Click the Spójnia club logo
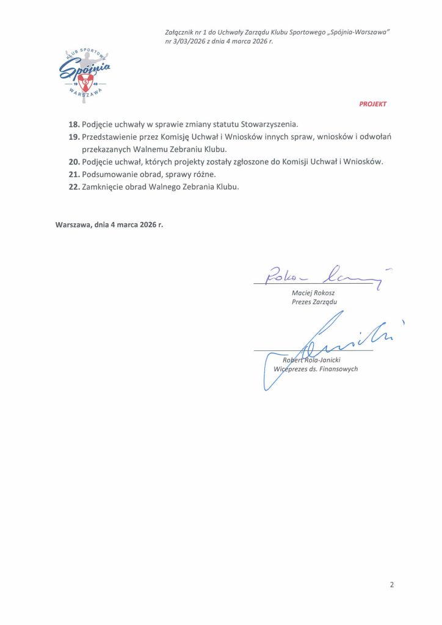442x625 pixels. click(x=85, y=73)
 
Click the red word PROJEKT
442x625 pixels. click(x=372, y=104)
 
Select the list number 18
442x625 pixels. click(x=74, y=124)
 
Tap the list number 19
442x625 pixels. click(x=74, y=137)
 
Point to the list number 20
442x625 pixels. click(x=74, y=162)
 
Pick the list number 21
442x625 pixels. click(x=74, y=175)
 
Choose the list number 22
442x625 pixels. click(x=74, y=187)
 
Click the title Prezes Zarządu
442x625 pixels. click(x=314, y=302)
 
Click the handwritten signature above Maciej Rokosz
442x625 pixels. click(x=324, y=276)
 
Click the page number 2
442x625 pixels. click(x=392, y=584)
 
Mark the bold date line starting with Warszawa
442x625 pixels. click(x=109, y=224)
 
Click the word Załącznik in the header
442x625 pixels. click(x=181, y=32)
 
